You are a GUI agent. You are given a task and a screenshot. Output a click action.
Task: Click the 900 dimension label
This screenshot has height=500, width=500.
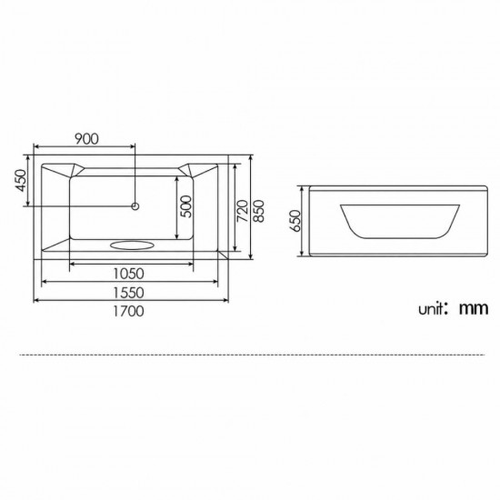(x=86, y=139)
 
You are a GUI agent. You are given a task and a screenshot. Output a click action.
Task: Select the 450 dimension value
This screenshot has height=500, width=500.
(x=21, y=181)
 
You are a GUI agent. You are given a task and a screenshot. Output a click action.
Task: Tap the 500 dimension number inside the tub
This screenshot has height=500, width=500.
(x=186, y=206)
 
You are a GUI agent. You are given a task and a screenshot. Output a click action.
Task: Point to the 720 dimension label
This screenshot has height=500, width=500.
(x=243, y=211)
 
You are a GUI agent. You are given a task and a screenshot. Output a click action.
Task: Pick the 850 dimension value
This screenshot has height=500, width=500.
(x=258, y=211)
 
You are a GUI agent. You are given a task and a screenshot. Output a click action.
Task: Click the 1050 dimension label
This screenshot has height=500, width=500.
(x=129, y=274)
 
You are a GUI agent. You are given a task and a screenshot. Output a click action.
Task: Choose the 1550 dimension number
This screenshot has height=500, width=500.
(x=129, y=293)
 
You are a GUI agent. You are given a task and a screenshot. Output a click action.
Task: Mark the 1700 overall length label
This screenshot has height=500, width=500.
(x=129, y=311)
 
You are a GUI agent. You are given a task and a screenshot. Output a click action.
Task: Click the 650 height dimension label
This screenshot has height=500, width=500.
(x=295, y=221)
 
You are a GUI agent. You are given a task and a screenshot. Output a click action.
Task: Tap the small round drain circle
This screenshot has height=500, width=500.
(x=135, y=206)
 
